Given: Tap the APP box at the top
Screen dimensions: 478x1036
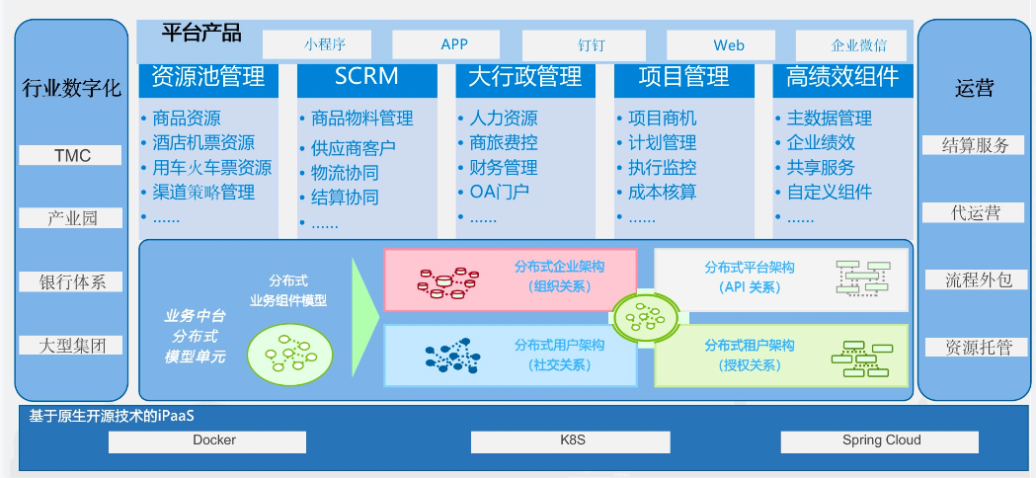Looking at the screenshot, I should (454, 44).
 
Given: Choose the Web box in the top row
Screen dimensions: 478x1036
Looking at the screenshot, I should (729, 44).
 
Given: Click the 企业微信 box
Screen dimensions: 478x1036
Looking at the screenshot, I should (857, 44).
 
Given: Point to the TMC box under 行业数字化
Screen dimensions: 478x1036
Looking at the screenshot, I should (72, 155).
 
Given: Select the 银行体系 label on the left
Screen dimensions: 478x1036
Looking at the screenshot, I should (72, 281).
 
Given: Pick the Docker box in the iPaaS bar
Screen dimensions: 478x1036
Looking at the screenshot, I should (214, 440).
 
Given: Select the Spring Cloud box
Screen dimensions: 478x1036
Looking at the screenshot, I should (881, 440).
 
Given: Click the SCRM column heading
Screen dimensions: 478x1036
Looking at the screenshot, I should (366, 77).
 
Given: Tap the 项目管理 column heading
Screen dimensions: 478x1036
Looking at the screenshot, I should (683, 77).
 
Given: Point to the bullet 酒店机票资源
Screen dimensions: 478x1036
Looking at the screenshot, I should (203, 143).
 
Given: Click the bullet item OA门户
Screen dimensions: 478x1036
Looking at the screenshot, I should (499, 192).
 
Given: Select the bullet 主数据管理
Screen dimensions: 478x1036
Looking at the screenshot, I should (829, 119).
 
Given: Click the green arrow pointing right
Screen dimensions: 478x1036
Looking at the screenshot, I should (365, 304).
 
